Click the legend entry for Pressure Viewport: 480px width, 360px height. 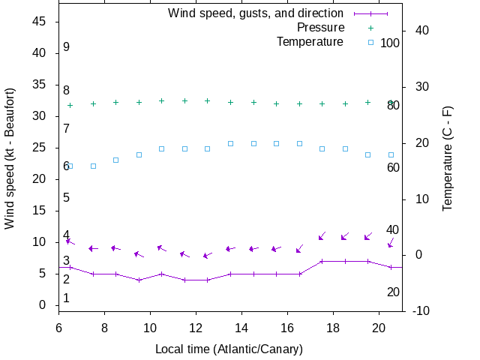[321, 28]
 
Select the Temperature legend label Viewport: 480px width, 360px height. [310, 41]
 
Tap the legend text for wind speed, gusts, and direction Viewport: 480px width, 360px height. [256, 13]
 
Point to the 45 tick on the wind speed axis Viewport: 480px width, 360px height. [40, 22]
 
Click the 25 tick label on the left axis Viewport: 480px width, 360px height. [40, 148]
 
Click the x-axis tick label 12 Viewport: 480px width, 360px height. [196, 327]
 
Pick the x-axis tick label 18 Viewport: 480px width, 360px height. [334, 327]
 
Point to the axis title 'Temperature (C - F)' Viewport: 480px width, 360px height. [448, 157]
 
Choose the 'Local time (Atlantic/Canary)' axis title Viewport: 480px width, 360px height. [229, 349]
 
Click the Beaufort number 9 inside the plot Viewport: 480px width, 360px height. [66, 47]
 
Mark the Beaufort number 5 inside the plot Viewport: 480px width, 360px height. [66, 198]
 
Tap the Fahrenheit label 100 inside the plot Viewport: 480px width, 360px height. [390, 43]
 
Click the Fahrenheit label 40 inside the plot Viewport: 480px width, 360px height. [392, 229]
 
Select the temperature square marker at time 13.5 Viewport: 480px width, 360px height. [230, 143]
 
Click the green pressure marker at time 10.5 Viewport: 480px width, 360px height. [161, 100]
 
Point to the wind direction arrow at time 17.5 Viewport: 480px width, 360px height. [322, 236]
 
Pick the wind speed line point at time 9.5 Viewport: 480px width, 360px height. [139, 280]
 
